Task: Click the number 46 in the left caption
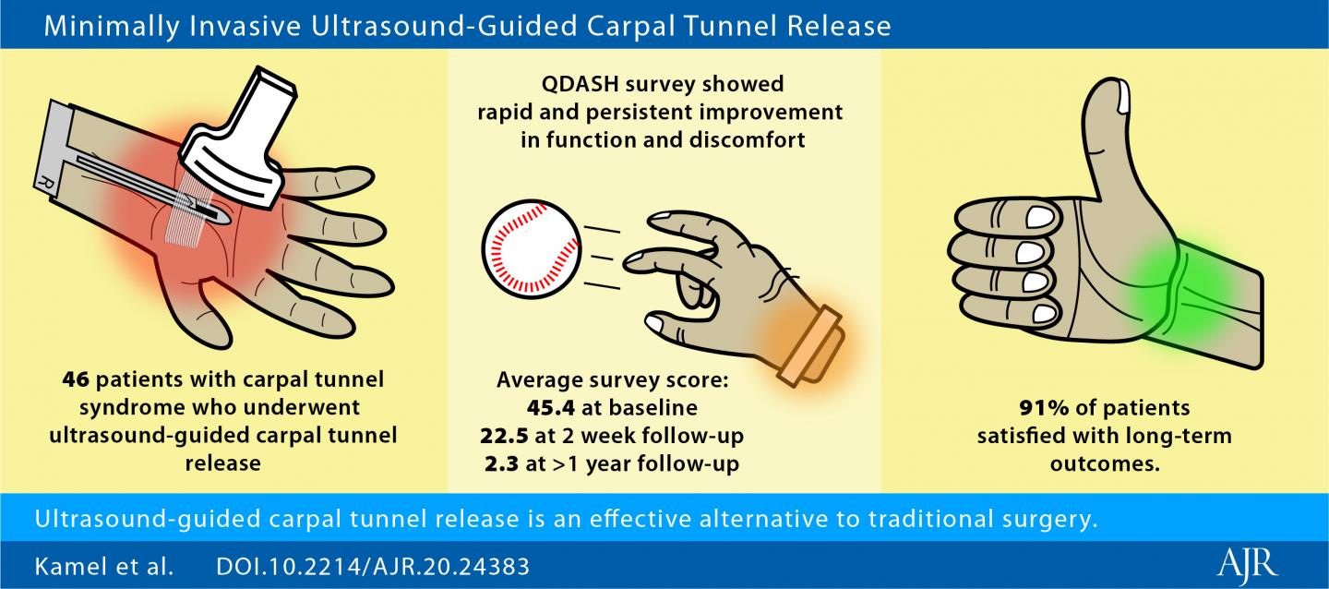point(76,380)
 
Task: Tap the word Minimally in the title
point(102,26)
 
